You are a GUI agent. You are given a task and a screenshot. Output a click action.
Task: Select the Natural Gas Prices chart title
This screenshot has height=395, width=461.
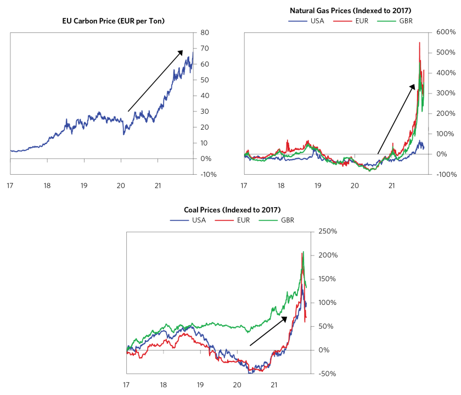point(351,10)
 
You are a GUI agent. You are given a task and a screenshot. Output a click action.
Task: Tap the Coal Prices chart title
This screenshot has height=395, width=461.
point(232,210)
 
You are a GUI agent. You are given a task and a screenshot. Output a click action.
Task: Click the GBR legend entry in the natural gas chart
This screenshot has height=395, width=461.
point(399,21)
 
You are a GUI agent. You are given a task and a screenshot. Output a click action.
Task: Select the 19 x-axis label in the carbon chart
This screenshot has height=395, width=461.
point(83,185)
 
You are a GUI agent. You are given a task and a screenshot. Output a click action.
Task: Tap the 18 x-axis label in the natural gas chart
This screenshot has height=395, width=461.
point(281,185)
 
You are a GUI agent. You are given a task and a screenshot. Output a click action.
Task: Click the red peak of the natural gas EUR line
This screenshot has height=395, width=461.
point(420,43)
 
